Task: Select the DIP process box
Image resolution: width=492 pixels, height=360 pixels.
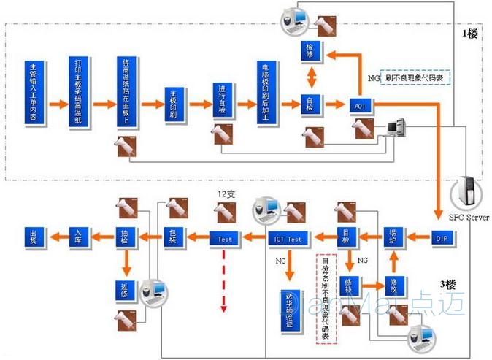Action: pyautogui.click(x=441, y=237)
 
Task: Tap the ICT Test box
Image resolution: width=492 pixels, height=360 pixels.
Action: pyautogui.click(x=288, y=237)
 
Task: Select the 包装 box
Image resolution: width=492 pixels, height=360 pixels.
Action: pyautogui.click(x=173, y=237)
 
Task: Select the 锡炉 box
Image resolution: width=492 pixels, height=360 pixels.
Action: pyautogui.click(x=394, y=237)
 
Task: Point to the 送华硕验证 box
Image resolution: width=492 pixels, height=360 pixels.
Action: pyautogui.click(x=289, y=307)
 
